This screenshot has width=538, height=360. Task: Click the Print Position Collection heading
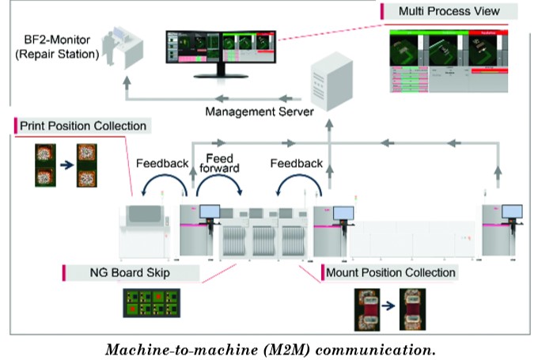click(x=83, y=126)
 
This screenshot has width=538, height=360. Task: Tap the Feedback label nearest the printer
click(x=161, y=164)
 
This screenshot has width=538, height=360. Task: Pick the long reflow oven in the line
click(x=415, y=236)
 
